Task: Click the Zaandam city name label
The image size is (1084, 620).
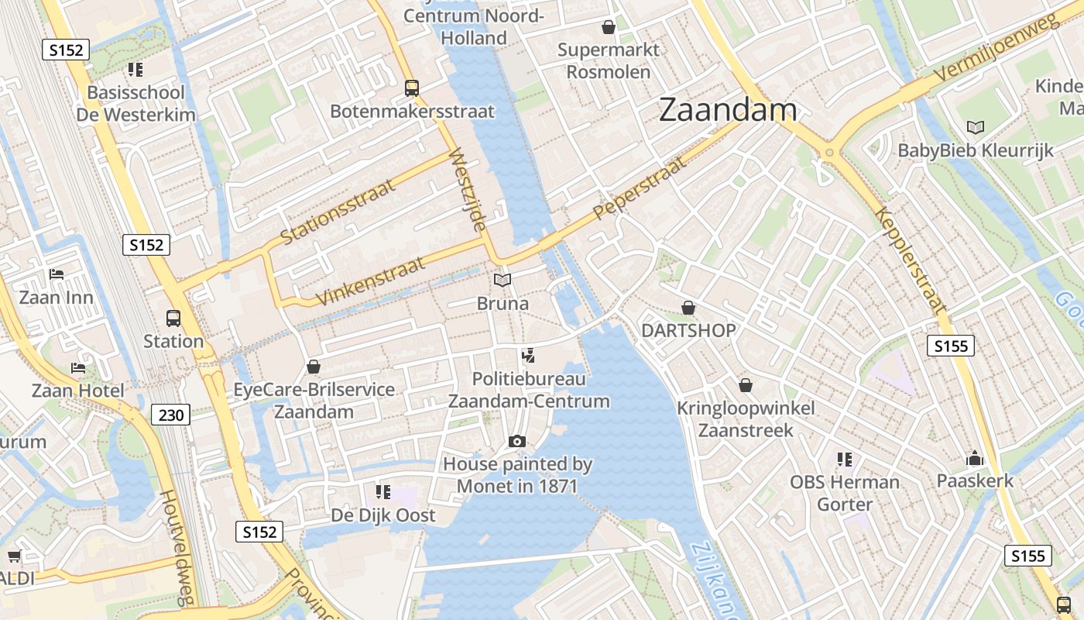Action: click(728, 110)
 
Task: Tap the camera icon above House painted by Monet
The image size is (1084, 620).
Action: click(517, 441)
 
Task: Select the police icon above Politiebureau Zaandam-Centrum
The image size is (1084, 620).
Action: click(529, 356)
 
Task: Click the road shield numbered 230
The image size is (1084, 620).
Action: click(170, 415)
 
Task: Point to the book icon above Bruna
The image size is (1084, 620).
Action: click(503, 280)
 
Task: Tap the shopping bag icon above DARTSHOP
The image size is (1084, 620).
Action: click(688, 308)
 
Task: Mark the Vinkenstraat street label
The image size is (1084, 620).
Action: click(371, 281)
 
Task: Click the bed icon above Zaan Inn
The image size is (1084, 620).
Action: click(56, 274)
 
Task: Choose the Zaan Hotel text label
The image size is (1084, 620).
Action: click(77, 390)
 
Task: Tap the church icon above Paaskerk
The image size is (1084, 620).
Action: click(974, 458)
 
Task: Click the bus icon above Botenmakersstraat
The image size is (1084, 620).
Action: click(412, 88)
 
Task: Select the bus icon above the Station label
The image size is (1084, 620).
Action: click(173, 318)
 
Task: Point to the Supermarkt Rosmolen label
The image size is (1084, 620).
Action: click(609, 60)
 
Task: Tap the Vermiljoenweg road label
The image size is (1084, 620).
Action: click(994, 48)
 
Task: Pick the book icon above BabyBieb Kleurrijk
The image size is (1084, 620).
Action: click(976, 127)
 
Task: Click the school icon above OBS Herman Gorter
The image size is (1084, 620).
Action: click(844, 460)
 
